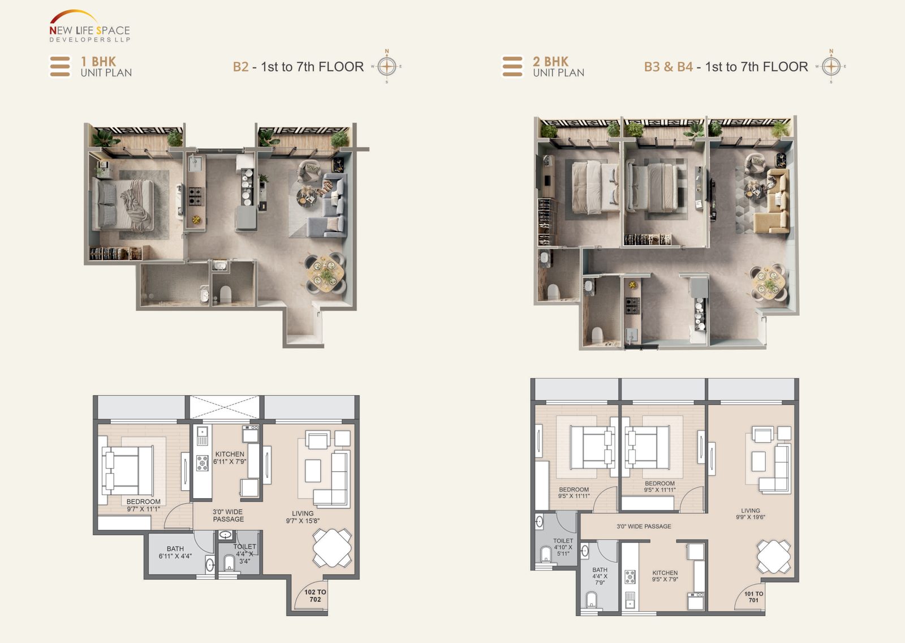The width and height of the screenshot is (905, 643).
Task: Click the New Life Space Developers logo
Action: click(x=89, y=27)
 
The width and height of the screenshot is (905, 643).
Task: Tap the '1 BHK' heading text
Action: click(x=98, y=61)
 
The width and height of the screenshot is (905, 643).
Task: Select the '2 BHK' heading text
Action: click(x=550, y=61)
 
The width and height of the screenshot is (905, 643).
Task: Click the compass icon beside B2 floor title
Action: click(x=387, y=66)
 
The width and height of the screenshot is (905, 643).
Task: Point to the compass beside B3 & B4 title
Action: click(x=831, y=66)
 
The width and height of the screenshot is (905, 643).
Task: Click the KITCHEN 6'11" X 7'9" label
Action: click(x=230, y=458)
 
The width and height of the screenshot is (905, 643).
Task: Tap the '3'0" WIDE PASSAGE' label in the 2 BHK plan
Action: click(x=644, y=526)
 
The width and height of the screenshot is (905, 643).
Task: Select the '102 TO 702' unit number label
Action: click(x=315, y=595)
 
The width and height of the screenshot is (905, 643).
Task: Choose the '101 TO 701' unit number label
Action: click(x=753, y=597)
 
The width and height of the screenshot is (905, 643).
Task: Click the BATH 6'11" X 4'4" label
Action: click(x=175, y=552)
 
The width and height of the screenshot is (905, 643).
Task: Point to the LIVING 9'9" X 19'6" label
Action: click(x=751, y=513)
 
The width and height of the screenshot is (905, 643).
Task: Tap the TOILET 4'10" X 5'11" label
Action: click(x=563, y=547)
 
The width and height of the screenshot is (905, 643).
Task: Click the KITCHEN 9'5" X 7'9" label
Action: click(x=665, y=576)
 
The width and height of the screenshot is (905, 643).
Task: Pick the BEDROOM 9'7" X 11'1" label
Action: click(x=143, y=505)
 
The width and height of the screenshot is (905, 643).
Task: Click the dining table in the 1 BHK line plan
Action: click(x=333, y=547)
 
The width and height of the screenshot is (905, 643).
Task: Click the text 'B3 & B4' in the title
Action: click(x=668, y=67)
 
